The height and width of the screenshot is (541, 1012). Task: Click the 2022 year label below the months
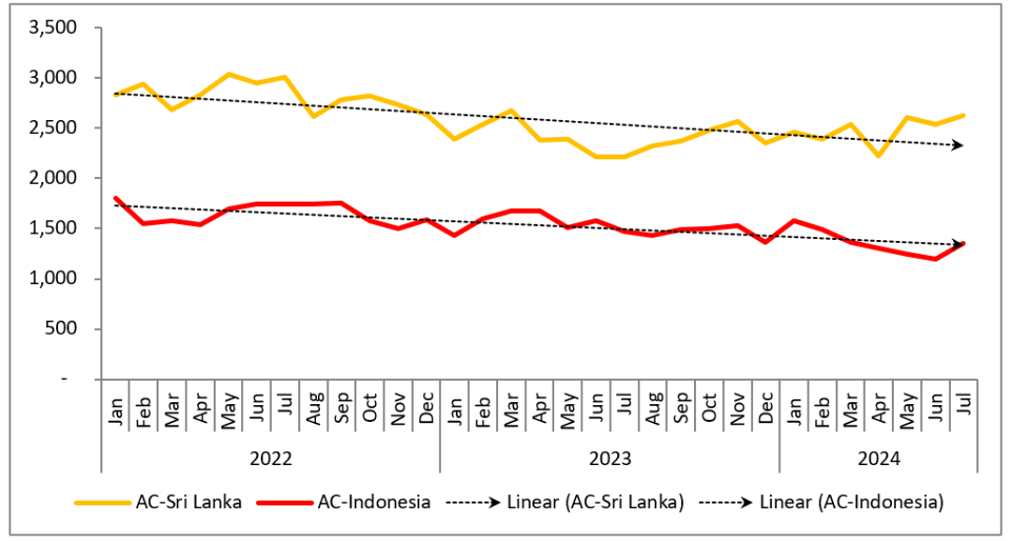(x=270, y=458)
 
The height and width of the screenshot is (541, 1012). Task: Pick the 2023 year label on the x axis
(x=610, y=458)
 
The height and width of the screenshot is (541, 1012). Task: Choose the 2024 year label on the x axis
(x=878, y=458)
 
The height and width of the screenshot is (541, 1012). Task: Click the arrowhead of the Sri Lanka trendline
(x=959, y=145)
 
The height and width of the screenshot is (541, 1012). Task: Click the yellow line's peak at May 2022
(x=229, y=74)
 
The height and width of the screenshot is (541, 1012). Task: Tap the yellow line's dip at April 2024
(x=878, y=156)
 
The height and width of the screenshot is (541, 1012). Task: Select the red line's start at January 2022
(x=115, y=198)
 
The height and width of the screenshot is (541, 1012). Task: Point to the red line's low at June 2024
(x=935, y=259)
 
